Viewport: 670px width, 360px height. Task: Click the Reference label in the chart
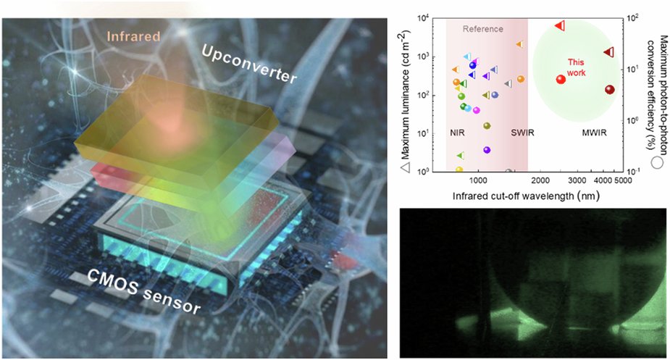pos(483,29)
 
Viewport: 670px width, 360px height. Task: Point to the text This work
pos(576,67)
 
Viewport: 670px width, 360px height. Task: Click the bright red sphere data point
pos(561,79)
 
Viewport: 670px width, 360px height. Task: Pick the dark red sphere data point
pos(610,90)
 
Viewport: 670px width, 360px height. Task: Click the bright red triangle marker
pos(560,25)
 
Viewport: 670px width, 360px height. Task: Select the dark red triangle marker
pos(610,51)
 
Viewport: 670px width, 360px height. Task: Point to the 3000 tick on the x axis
pos(577,179)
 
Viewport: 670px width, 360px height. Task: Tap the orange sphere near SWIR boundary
pos(520,79)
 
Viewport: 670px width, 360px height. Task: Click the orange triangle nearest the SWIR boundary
pos(519,44)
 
